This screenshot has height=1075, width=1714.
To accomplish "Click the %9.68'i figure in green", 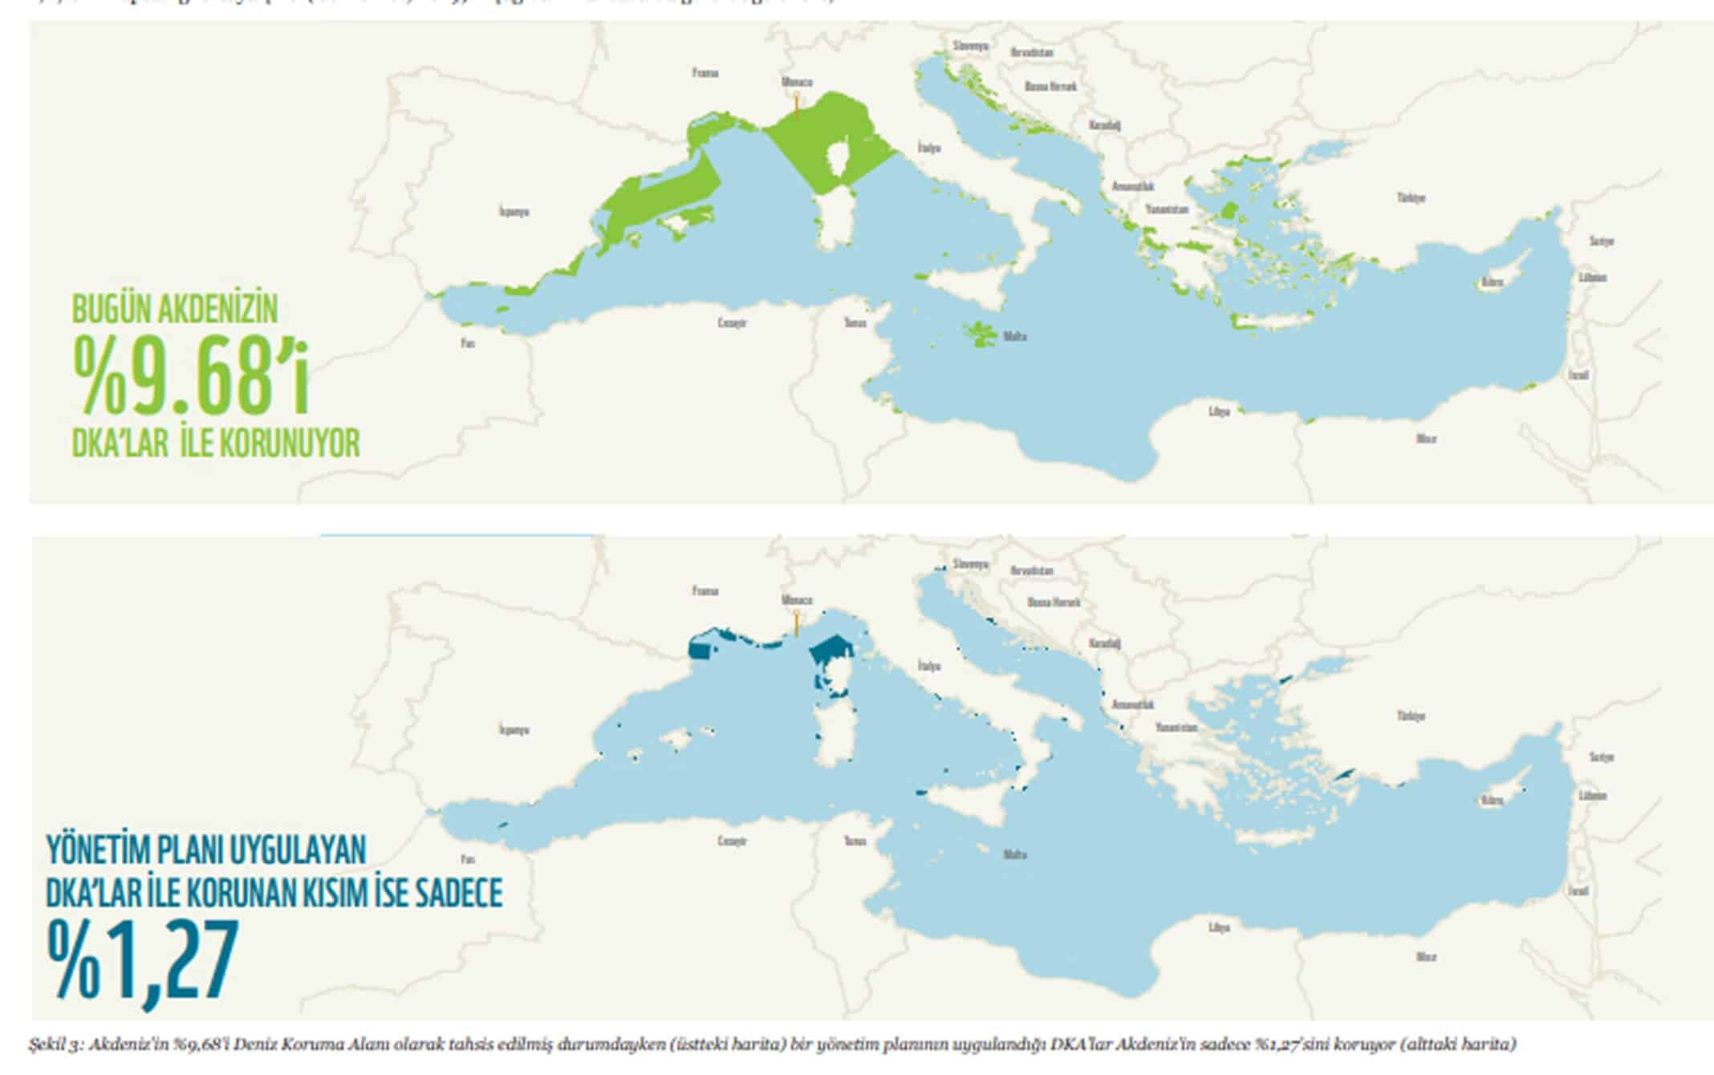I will (x=190, y=375).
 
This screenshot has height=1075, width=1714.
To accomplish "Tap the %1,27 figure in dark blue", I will (x=143, y=960).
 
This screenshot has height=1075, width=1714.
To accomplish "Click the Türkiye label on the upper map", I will (x=1411, y=197).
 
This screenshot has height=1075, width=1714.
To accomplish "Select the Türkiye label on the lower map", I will (x=1411, y=716).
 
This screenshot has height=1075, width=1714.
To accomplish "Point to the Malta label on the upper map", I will (x=1015, y=337).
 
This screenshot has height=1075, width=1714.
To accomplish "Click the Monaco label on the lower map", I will (x=797, y=599).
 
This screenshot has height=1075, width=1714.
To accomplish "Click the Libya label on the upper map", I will (x=1219, y=412).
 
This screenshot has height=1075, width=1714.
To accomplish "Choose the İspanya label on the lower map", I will (x=514, y=730).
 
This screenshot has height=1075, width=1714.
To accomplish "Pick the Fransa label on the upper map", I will (x=705, y=73).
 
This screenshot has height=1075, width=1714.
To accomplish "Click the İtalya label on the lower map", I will (x=928, y=666).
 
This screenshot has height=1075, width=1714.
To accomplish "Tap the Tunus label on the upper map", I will (x=855, y=322).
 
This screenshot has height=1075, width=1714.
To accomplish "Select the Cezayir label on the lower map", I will (x=732, y=841).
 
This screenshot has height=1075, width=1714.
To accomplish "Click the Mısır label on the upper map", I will (x=1426, y=439).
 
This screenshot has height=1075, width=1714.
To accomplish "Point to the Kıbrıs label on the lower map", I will (x=1491, y=801).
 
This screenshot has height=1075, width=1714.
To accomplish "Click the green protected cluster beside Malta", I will (x=980, y=333).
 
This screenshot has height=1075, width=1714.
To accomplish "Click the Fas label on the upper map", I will (x=468, y=343).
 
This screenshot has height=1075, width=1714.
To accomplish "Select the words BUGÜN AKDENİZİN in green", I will (x=175, y=310).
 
